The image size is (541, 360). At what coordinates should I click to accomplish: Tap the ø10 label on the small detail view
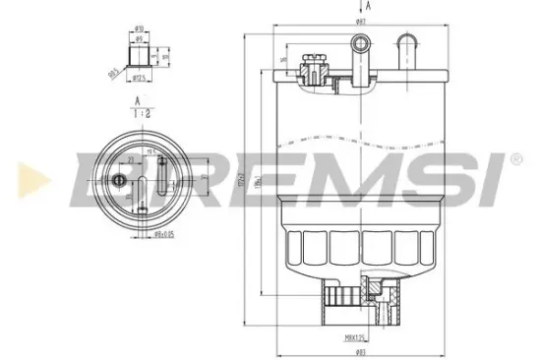tap(140, 28)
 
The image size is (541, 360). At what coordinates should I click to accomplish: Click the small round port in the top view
tap(121, 179)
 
